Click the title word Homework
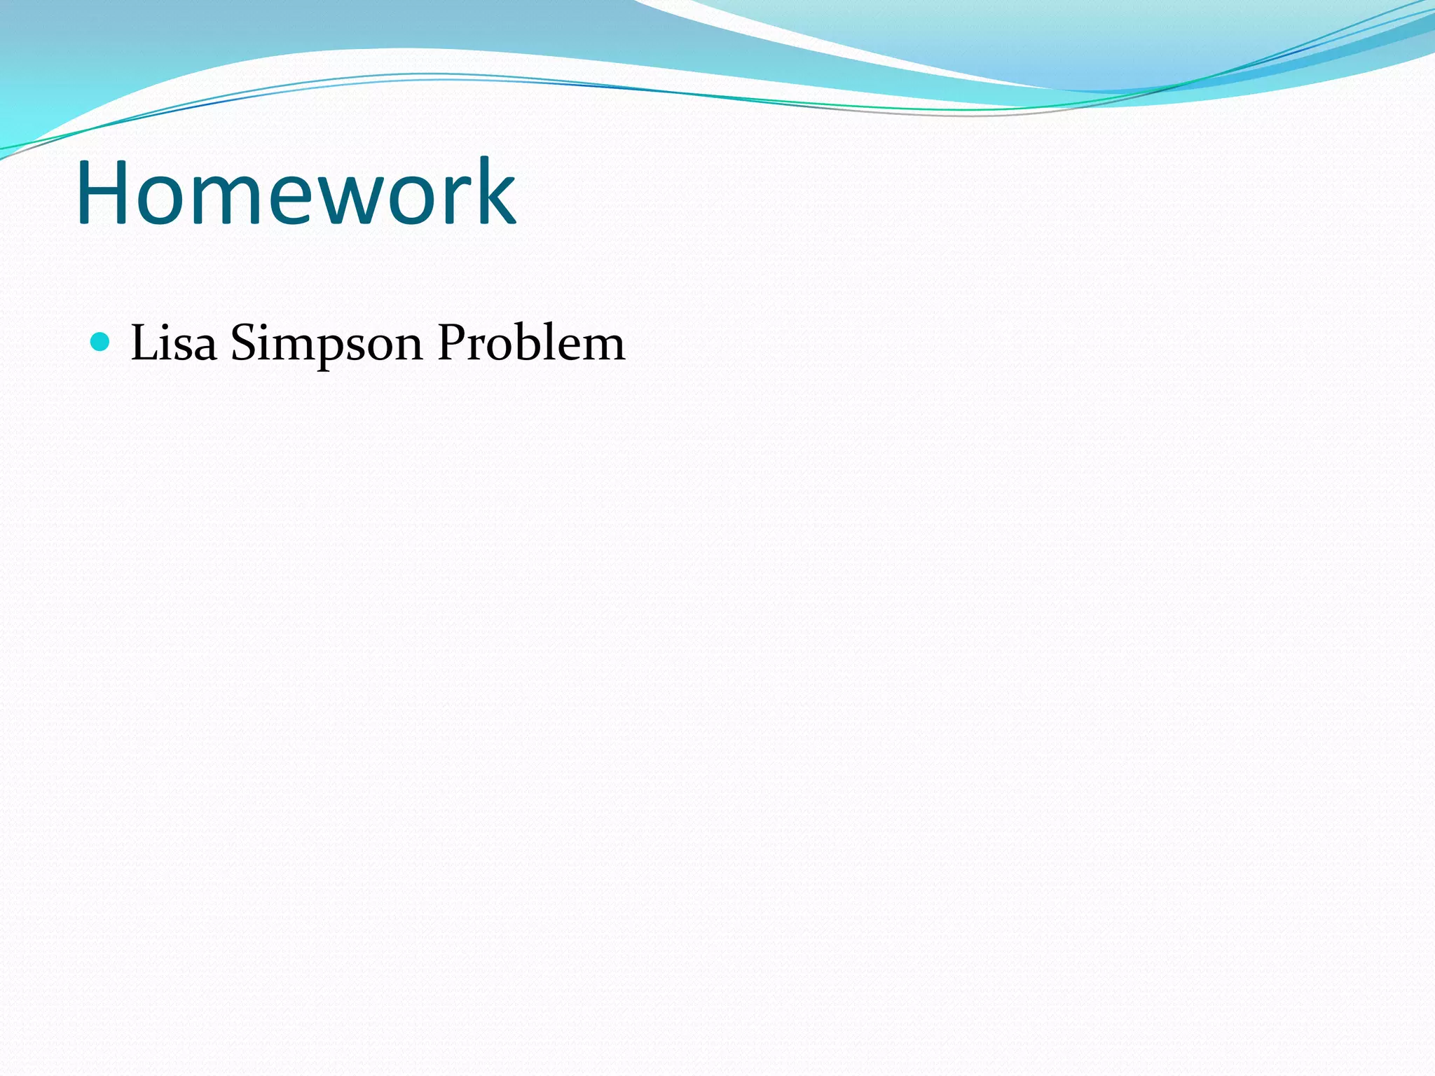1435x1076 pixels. click(296, 193)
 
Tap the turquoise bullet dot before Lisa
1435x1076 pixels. click(101, 342)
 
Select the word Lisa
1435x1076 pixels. click(174, 343)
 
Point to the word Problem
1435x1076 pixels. click(530, 343)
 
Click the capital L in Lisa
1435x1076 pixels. click(145, 343)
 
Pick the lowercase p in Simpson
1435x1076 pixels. click(333, 350)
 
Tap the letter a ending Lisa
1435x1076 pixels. click(204, 347)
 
